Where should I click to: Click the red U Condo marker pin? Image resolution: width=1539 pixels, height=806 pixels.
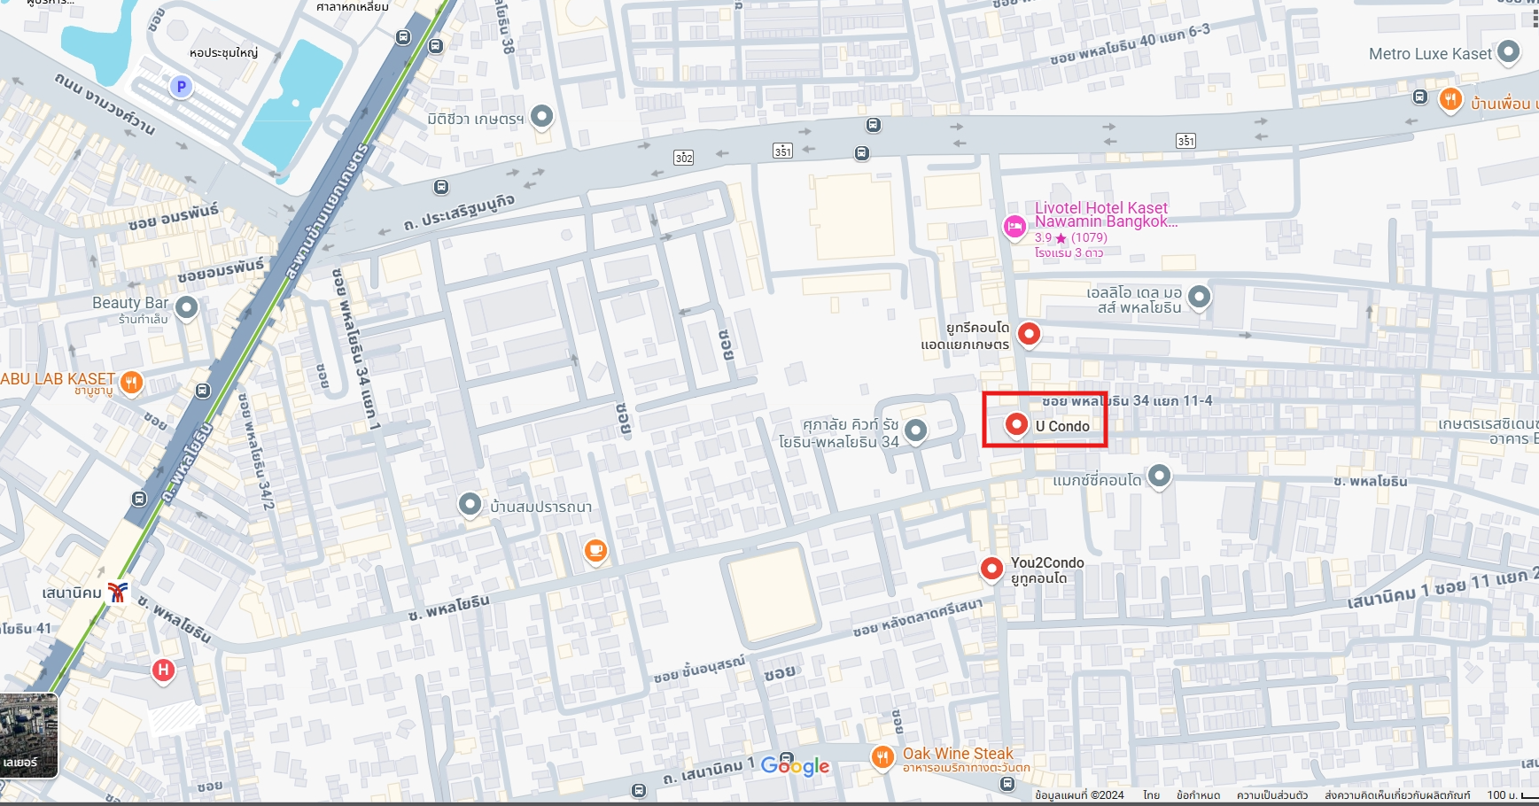click(1016, 424)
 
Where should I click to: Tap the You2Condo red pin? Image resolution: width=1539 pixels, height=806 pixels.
click(991, 567)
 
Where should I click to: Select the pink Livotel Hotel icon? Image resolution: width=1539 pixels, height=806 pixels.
click(1014, 227)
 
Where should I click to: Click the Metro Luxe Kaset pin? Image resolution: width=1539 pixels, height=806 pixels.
click(1507, 52)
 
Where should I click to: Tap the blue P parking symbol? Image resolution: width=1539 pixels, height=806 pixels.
click(181, 87)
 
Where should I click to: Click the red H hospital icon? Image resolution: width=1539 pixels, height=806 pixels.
click(163, 670)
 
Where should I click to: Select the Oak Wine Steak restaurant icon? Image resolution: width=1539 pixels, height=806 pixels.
click(882, 756)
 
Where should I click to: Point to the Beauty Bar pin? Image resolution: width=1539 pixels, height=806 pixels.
click(186, 307)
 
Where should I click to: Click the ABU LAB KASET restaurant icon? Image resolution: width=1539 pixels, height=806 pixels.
click(131, 382)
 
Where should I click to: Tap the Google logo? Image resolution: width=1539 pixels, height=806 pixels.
click(795, 766)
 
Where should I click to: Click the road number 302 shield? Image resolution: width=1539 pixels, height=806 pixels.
click(683, 158)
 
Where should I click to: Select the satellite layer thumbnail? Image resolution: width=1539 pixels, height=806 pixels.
click(28, 735)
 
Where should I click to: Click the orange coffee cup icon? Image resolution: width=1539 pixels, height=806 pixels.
click(596, 550)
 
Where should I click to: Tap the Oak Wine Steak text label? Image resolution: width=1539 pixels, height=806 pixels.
click(957, 753)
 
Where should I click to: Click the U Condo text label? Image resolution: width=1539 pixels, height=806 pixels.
click(1062, 426)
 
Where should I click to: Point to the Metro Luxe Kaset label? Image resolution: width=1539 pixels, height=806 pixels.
click(1429, 54)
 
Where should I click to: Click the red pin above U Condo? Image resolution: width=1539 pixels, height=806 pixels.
click(1029, 333)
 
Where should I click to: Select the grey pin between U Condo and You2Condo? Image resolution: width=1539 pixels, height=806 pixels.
click(1159, 476)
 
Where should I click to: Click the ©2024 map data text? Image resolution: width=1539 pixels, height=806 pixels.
click(1079, 794)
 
